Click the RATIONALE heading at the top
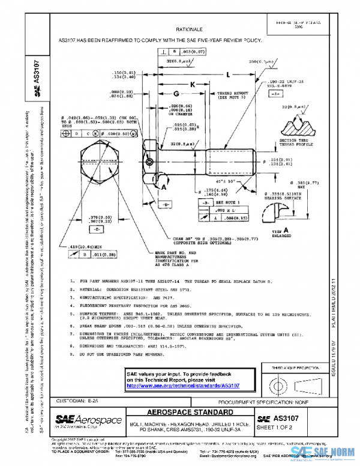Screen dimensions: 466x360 pos(188,28)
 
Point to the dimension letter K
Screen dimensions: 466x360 pos(193,85)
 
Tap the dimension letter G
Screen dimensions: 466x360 pos(176,95)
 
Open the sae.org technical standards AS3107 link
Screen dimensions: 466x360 pos(183,385)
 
